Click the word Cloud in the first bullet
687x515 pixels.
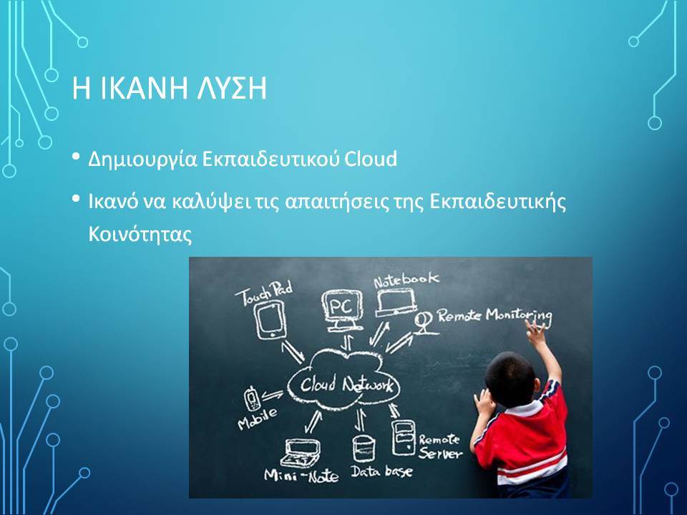click(x=370, y=159)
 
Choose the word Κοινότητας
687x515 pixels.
click(x=140, y=234)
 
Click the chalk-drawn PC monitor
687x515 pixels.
click(x=343, y=310)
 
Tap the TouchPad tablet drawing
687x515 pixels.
click(x=271, y=321)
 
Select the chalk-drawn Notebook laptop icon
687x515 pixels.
click(x=396, y=303)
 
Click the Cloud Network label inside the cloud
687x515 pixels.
click(x=346, y=385)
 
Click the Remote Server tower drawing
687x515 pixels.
click(x=403, y=438)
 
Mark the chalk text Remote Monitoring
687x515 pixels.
click(x=494, y=315)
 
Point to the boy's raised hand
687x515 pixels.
click(x=537, y=330)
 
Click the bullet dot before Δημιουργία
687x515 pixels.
click(x=77, y=157)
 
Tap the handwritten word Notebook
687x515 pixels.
click(x=406, y=280)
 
